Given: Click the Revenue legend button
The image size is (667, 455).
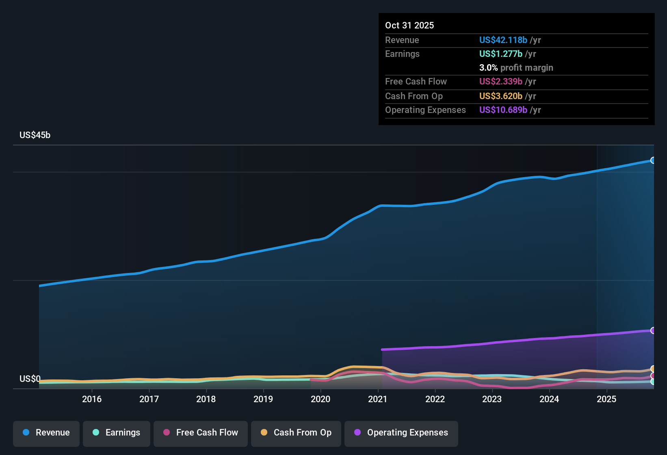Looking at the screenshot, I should tap(46, 433).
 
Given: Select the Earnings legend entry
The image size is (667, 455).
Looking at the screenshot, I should tap(116, 433).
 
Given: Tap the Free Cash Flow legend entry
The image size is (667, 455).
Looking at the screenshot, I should tap(200, 433).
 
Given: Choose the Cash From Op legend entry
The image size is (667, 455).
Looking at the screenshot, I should tap(296, 433).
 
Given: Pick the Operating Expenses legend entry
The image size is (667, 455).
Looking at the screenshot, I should tap(401, 433).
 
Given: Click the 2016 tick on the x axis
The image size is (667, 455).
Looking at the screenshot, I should tap(92, 399).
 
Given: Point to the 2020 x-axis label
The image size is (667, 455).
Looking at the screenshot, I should tap(321, 399).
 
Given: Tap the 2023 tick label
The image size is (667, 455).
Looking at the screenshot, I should tap(492, 399).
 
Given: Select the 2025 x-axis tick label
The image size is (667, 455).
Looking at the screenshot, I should tap(606, 399).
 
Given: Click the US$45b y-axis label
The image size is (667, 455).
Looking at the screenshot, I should tap(35, 135).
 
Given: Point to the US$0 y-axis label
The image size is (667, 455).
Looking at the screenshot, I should tap(30, 379).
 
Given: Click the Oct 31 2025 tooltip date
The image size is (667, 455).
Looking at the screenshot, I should tap(409, 25).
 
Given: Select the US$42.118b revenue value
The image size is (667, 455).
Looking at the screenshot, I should tap(503, 40).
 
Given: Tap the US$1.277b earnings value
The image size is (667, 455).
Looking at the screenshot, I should tap(500, 54).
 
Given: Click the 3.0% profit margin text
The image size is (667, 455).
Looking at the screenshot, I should tap(516, 68).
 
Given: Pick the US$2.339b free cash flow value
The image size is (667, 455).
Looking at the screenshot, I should tap(500, 82).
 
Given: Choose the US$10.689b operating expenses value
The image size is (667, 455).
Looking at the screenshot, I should tap(503, 110).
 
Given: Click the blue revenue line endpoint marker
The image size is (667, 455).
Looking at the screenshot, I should tap(653, 160).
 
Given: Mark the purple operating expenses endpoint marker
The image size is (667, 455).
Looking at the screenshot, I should tap(653, 331).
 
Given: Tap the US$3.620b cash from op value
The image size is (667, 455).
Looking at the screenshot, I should tap(500, 96).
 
